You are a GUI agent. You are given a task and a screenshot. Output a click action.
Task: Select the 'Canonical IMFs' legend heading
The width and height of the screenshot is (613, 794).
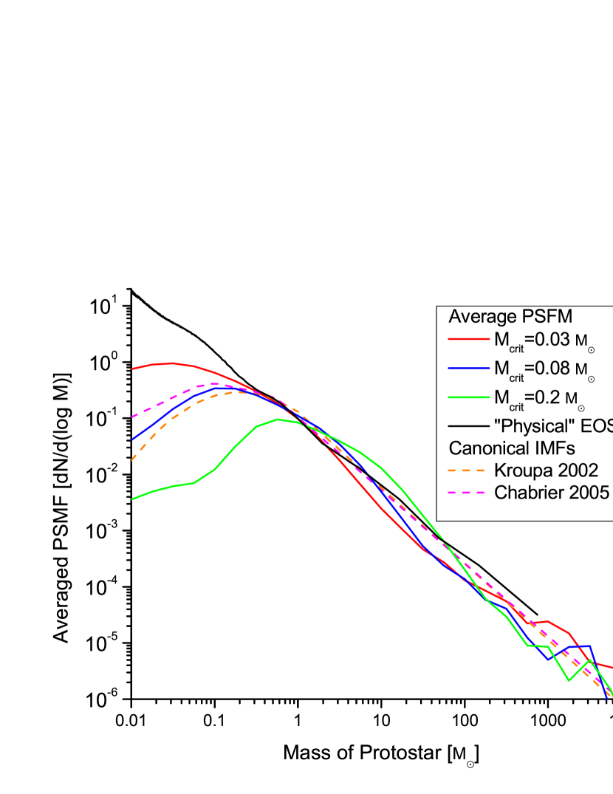pos(501,448)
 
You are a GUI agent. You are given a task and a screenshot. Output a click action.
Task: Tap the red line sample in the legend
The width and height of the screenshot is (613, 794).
pos(468,340)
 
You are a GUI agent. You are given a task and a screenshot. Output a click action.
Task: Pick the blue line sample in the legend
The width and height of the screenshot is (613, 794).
pos(468,368)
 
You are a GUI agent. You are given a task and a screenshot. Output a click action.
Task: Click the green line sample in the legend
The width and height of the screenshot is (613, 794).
pos(468,397)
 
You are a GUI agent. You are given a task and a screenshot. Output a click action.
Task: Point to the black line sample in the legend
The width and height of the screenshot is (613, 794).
pos(468,425)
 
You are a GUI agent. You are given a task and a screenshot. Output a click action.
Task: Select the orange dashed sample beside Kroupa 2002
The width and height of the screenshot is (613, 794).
pos(468,470)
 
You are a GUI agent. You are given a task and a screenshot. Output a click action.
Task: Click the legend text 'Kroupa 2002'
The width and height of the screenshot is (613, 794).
pos(546,470)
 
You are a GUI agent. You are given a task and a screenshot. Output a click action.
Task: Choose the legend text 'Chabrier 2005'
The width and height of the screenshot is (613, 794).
pos(552,493)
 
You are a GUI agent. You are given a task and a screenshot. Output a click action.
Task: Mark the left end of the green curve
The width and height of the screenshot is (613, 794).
pos(132,499)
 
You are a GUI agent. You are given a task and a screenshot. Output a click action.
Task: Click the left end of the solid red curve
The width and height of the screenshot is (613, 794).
pos(132,369)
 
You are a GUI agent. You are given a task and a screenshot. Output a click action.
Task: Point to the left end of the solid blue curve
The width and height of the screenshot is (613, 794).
pos(132,439)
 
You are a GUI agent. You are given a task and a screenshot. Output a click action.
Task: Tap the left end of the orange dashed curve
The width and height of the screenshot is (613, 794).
pos(132,459)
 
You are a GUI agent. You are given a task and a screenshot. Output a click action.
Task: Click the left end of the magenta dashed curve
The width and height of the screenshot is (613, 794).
pos(132,417)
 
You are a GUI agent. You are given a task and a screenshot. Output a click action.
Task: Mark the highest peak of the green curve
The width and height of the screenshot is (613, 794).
pos(278,419)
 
